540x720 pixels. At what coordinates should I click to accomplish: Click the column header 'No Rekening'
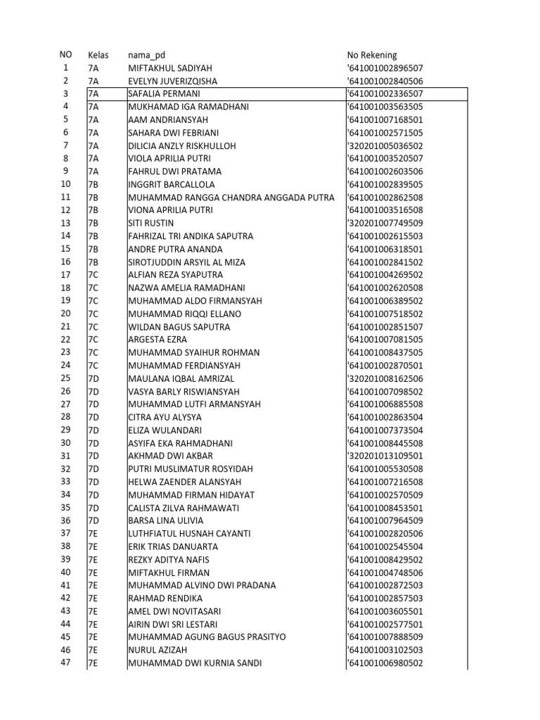tap(372, 55)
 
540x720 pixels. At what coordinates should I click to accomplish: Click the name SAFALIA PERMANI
tap(164, 94)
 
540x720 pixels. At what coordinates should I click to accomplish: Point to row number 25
tap(65, 378)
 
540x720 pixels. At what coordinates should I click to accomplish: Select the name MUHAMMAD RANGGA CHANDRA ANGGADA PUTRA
tap(231, 198)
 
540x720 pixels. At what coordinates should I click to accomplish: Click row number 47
tap(65, 662)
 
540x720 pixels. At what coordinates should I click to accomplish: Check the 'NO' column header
tap(65, 55)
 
